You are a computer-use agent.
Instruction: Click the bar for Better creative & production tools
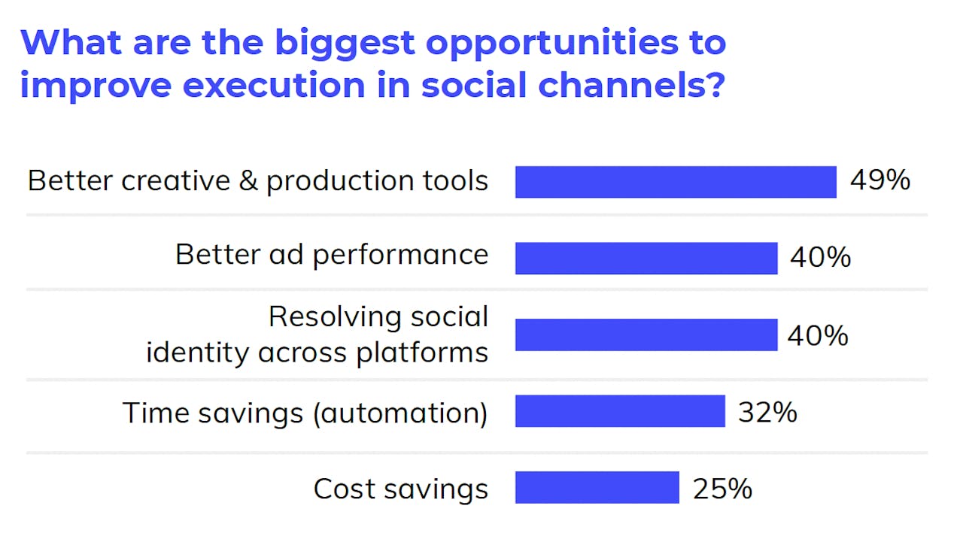[x=676, y=182]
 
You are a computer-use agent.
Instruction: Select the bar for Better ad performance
[x=646, y=258]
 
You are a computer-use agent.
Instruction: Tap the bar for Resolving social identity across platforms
[x=646, y=335]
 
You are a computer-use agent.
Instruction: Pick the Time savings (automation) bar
[x=620, y=411]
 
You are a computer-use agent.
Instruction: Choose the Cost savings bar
[x=597, y=487]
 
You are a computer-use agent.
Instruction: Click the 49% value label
[x=880, y=181]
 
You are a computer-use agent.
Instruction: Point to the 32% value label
[x=767, y=412]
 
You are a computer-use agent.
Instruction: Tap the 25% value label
[x=722, y=489]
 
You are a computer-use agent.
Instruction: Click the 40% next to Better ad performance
[x=820, y=258]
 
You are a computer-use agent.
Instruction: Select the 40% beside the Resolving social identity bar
[x=818, y=335]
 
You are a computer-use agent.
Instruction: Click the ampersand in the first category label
[x=248, y=181]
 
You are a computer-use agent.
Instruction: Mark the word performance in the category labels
[x=400, y=256]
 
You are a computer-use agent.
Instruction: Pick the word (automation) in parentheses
[x=399, y=413]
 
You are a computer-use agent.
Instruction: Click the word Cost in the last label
[x=342, y=489]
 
